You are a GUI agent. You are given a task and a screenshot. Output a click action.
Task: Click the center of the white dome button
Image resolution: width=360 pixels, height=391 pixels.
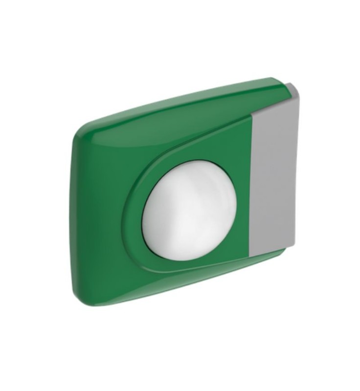pyautogui.click(x=189, y=210)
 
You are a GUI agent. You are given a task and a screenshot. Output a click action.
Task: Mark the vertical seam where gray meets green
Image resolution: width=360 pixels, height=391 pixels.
pyautogui.click(x=250, y=186)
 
